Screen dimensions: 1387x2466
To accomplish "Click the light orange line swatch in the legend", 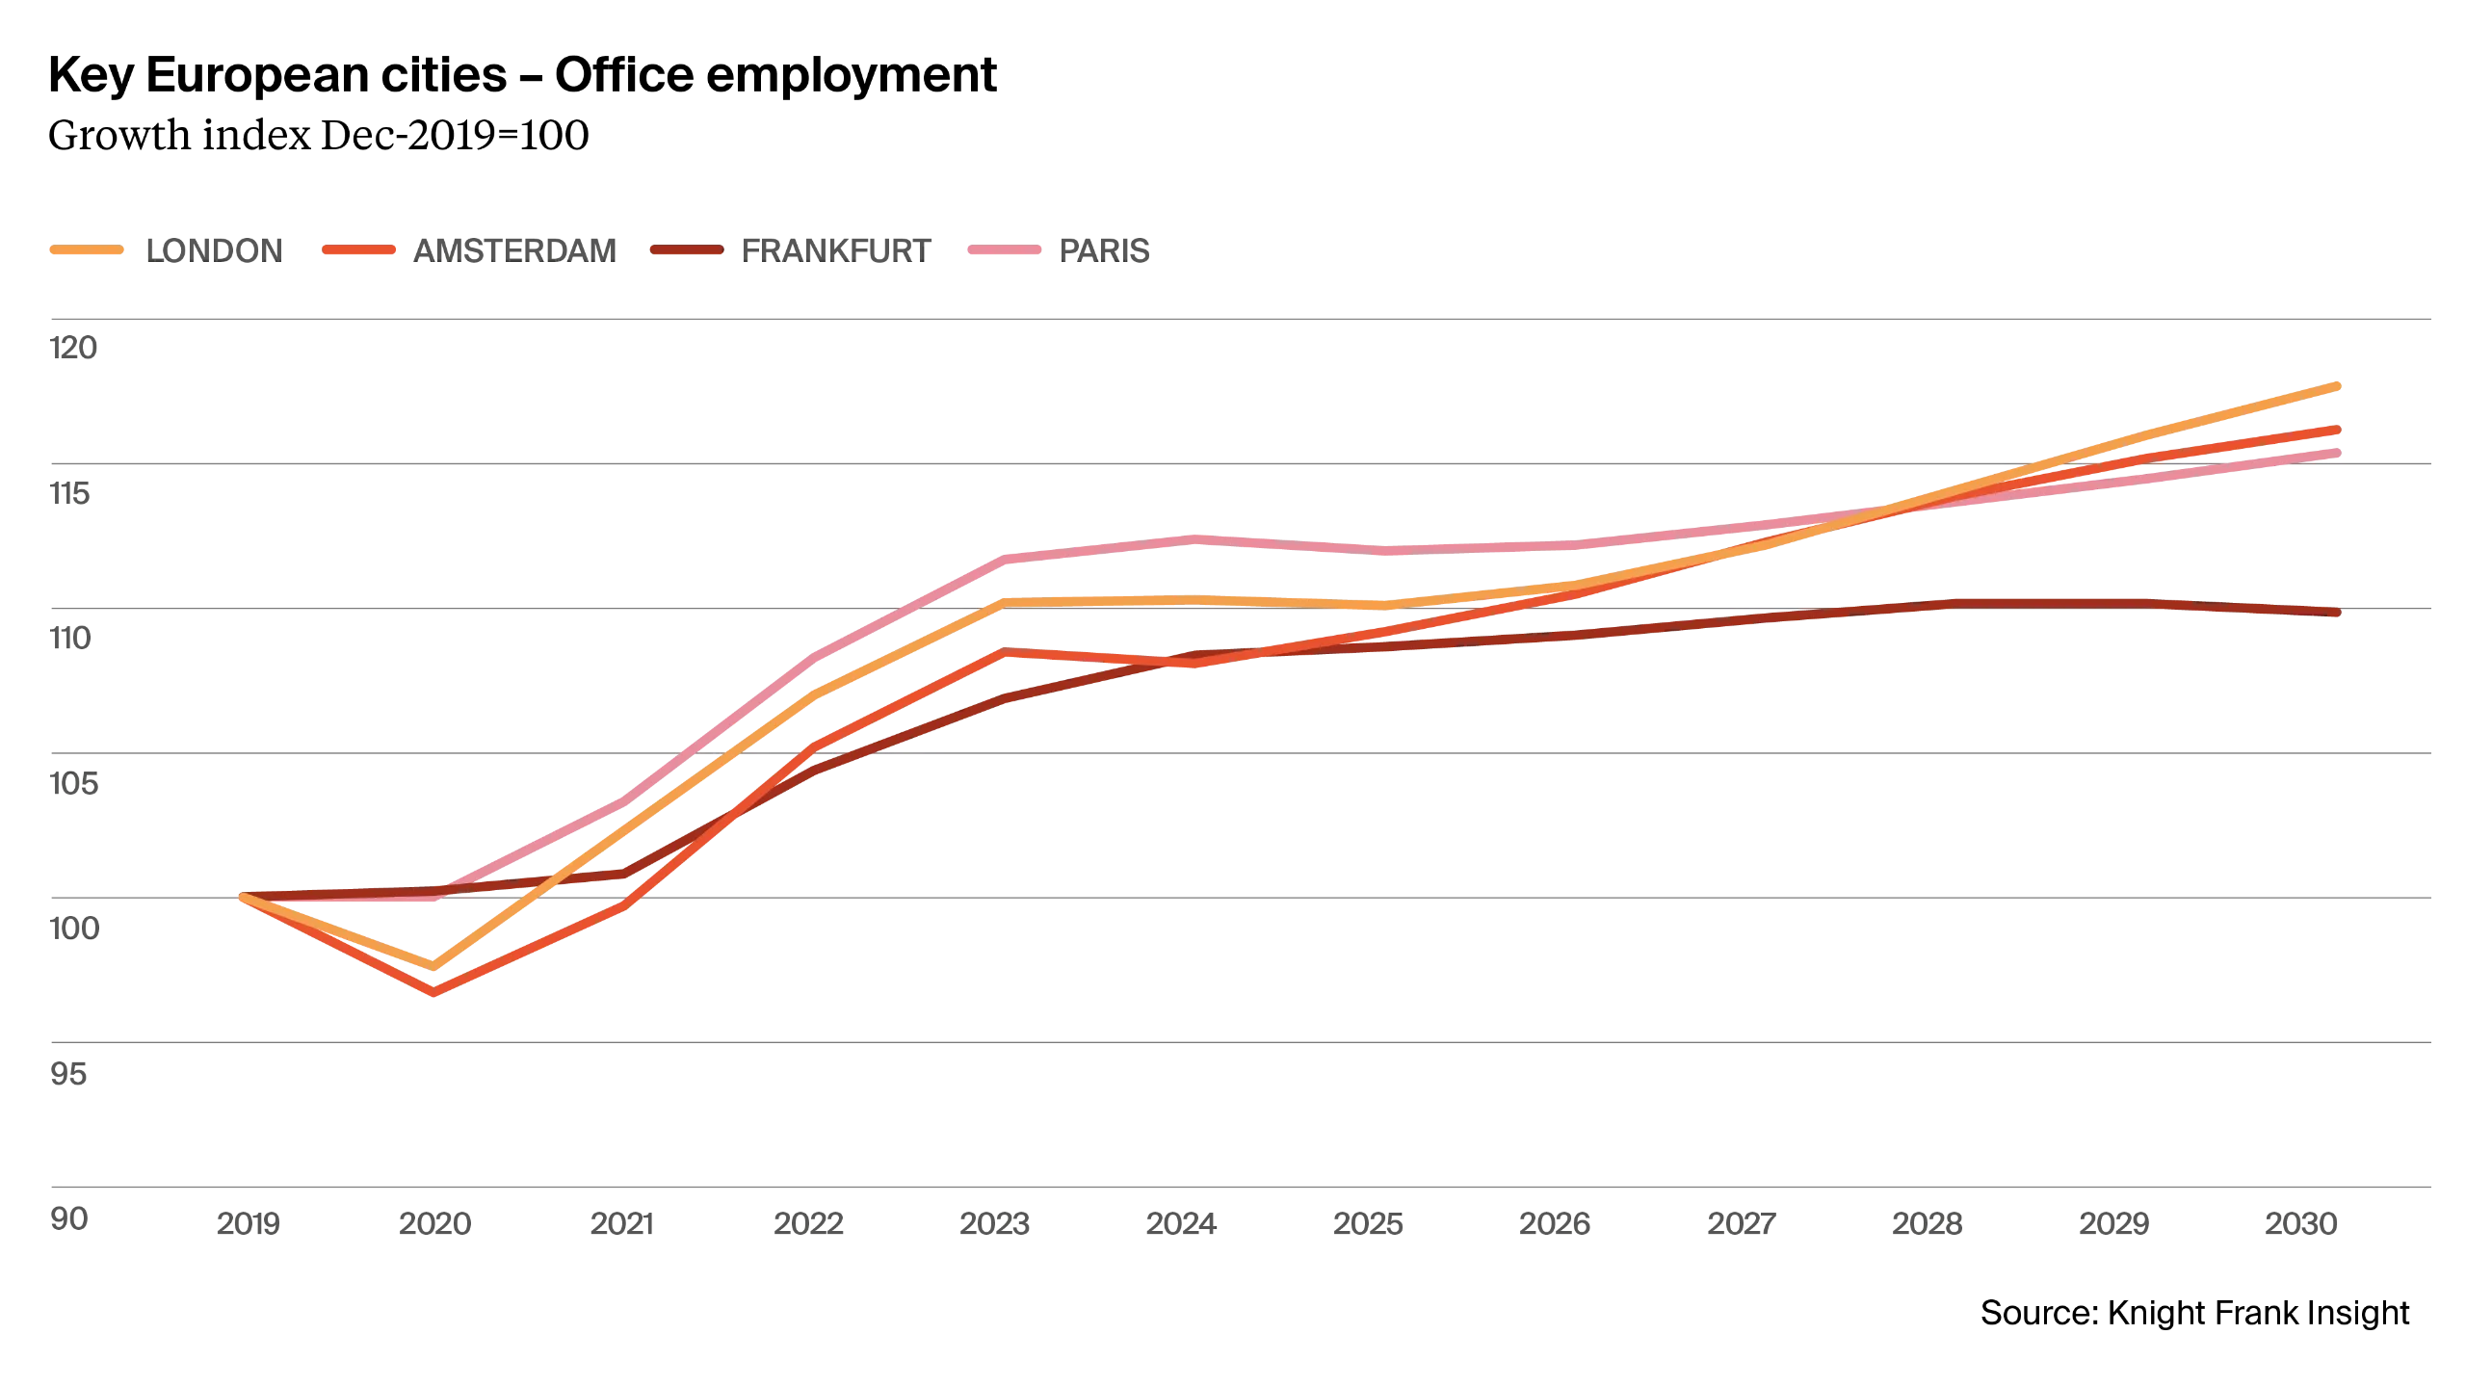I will (x=87, y=249).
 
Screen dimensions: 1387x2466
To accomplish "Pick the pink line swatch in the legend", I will (x=1003, y=249).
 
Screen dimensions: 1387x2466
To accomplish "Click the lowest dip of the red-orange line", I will (x=435, y=992).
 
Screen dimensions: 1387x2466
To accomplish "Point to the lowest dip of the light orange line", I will (x=435, y=965).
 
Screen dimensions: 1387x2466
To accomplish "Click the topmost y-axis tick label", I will (x=73, y=349).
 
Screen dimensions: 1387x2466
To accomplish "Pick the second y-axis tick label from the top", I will (x=73, y=496).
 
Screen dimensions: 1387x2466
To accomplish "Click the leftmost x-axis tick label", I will (x=249, y=1226).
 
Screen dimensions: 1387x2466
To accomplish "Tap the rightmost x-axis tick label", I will (x=2300, y=1226).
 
